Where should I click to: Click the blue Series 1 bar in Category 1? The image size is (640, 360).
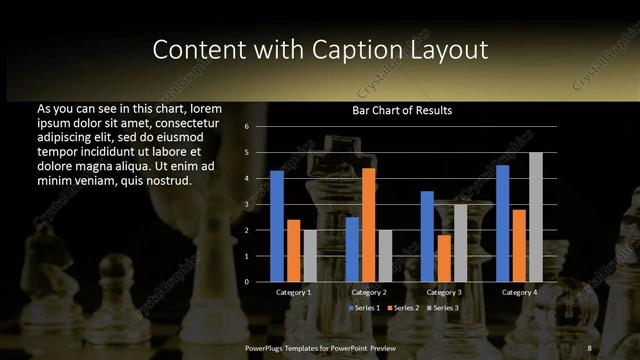[x=277, y=226]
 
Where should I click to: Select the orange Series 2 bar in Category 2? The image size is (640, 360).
[x=369, y=224]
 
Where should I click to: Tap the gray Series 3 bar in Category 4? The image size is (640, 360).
[x=536, y=217]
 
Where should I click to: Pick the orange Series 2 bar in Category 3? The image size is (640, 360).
[x=444, y=258]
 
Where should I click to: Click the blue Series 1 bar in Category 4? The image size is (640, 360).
[x=502, y=223]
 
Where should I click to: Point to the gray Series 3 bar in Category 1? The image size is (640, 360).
[x=310, y=255]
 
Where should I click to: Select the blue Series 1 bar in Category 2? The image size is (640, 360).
[x=352, y=249]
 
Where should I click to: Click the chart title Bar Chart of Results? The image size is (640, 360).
[x=402, y=110]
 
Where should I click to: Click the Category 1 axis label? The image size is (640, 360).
[x=293, y=292]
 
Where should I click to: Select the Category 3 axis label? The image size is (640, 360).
[x=443, y=292]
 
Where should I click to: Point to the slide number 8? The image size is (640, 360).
[x=590, y=347]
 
